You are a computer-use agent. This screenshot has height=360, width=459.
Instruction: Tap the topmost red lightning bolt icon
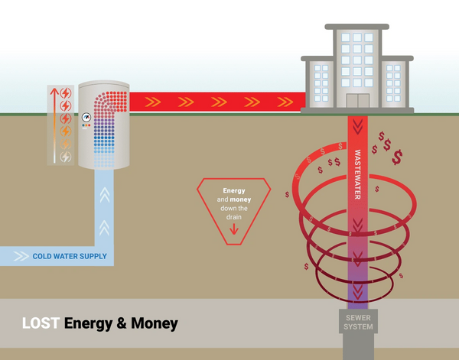coord(66,93)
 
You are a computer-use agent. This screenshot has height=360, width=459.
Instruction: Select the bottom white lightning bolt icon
coord(66,157)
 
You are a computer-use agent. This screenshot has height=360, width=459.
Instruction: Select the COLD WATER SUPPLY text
coord(70,256)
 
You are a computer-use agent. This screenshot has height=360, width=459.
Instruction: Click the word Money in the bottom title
coord(151,324)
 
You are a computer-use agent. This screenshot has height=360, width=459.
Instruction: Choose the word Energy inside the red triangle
coord(233,190)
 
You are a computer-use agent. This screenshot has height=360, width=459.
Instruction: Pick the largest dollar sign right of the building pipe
coord(399,158)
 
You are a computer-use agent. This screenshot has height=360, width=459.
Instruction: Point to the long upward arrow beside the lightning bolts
coord(54,125)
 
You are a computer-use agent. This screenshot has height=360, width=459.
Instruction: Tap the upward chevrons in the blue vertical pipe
coord(105,197)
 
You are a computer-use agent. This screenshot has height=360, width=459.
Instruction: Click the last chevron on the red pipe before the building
coord(287,100)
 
